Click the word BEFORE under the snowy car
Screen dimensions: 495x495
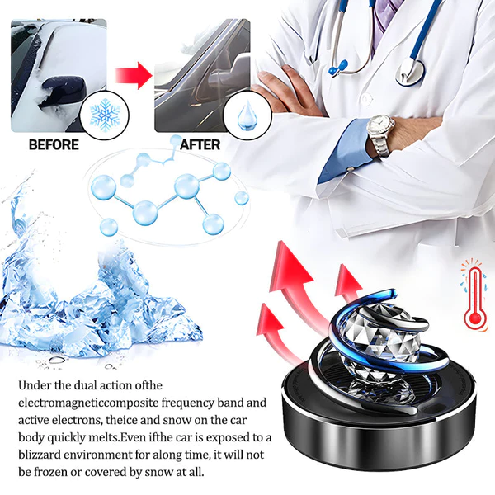[x=54, y=144]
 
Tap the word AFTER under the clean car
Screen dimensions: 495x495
[x=200, y=145]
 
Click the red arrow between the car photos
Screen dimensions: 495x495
[x=134, y=75]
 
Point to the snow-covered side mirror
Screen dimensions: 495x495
[x=64, y=91]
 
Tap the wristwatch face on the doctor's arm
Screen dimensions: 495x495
[x=380, y=126]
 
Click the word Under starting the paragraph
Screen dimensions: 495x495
[x=35, y=385]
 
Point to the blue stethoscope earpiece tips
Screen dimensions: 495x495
[x=338, y=67]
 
